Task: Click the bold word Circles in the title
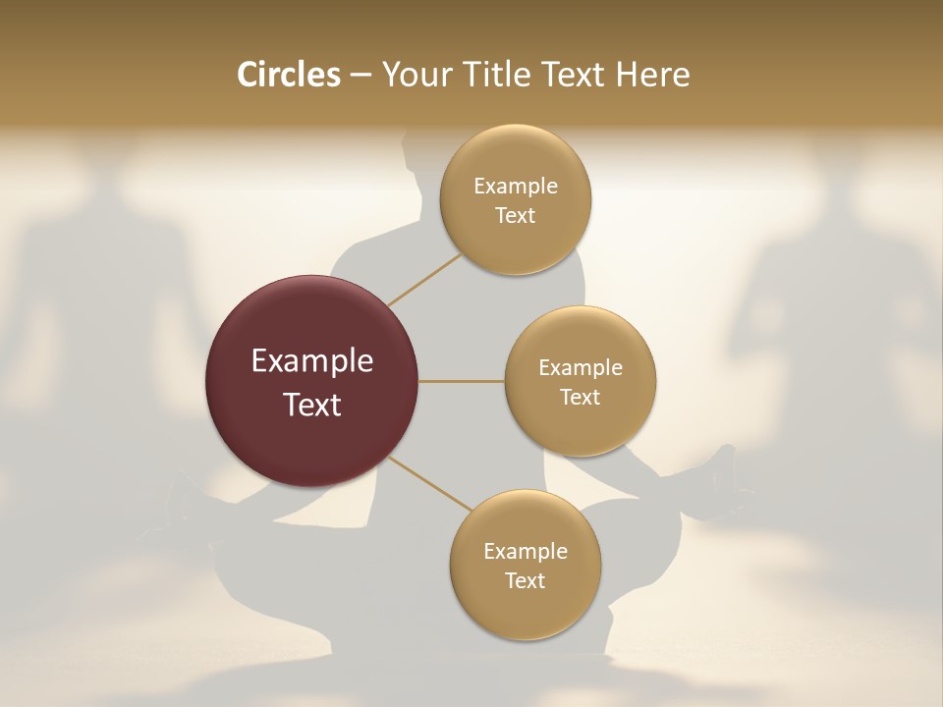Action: tap(289, 75)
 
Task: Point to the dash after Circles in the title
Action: tap(361, 76)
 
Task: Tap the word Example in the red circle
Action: tap(312, 361)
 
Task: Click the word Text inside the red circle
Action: tap(312, 405)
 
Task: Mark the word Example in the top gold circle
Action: tap(516, 187)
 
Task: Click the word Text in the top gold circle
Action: tap(516, 216)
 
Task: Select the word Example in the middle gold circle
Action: tap(581, 368)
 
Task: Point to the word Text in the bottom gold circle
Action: tap(525, 581)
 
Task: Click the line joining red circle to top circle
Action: tap(424, 279)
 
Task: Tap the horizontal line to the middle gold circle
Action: tap(462, 381)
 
